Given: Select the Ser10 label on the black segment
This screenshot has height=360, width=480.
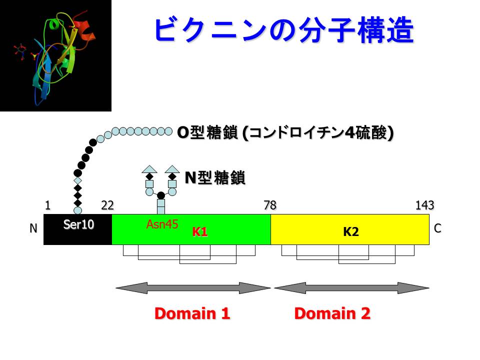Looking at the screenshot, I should pos(78,225).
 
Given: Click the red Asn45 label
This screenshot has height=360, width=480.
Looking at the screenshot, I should pos(162,225).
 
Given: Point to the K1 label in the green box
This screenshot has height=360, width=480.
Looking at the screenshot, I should pos(200,232).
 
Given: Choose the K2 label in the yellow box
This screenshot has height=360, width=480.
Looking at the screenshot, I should pos(351,232).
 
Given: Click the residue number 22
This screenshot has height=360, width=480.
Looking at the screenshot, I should pos(107,205).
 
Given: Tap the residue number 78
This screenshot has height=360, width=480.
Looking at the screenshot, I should pos(270,205).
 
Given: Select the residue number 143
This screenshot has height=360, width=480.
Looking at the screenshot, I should pos(424,205).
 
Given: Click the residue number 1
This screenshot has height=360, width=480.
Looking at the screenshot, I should pos(47,205).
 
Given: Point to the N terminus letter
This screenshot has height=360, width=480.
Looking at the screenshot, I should pos(33,228).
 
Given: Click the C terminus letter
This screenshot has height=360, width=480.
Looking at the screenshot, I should pos(437,228).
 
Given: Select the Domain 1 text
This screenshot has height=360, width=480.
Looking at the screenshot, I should pos(192,313).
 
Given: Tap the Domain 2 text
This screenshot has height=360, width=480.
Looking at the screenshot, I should pos(332,313).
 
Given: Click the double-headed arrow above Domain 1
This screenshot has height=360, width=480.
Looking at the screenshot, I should pos(192,288).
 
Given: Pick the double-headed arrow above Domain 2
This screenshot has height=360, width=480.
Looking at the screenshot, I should pos(351,288).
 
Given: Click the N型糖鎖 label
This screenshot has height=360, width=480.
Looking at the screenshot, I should pos(215,177).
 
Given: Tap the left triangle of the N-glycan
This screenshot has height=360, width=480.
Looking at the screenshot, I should pos(149,168).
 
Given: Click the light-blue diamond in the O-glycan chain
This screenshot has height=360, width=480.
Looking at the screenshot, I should pos(77,180).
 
